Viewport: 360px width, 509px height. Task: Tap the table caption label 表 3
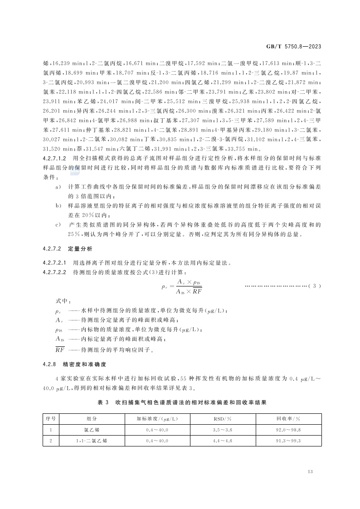(104, 402)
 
